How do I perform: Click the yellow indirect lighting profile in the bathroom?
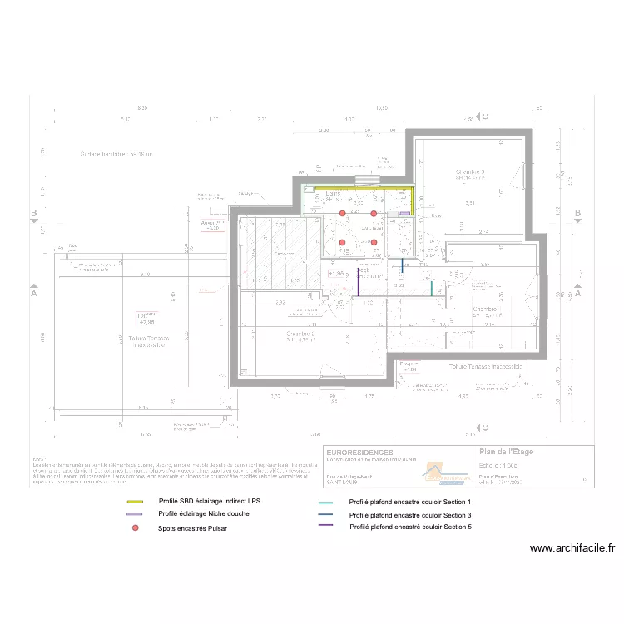pyautogui.click(x=358, y=188)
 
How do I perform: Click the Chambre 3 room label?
pyautogui.click(x=470, y=172)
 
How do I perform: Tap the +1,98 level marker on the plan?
pyautogui.click(x=336, y=273)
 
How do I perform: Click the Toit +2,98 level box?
pyautogui.click(x=148, y=319)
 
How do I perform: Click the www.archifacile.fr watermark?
pyautogui.click(x=572, y=548)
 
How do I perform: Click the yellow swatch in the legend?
pyautogui.click(x=135, y=503)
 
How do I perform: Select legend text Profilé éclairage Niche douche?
pyautogui.click(x=204, y=514)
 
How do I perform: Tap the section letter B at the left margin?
pyautogui.click(x=34, y=214)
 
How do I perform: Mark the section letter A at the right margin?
pyautogui.click(x=577, y=293)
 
